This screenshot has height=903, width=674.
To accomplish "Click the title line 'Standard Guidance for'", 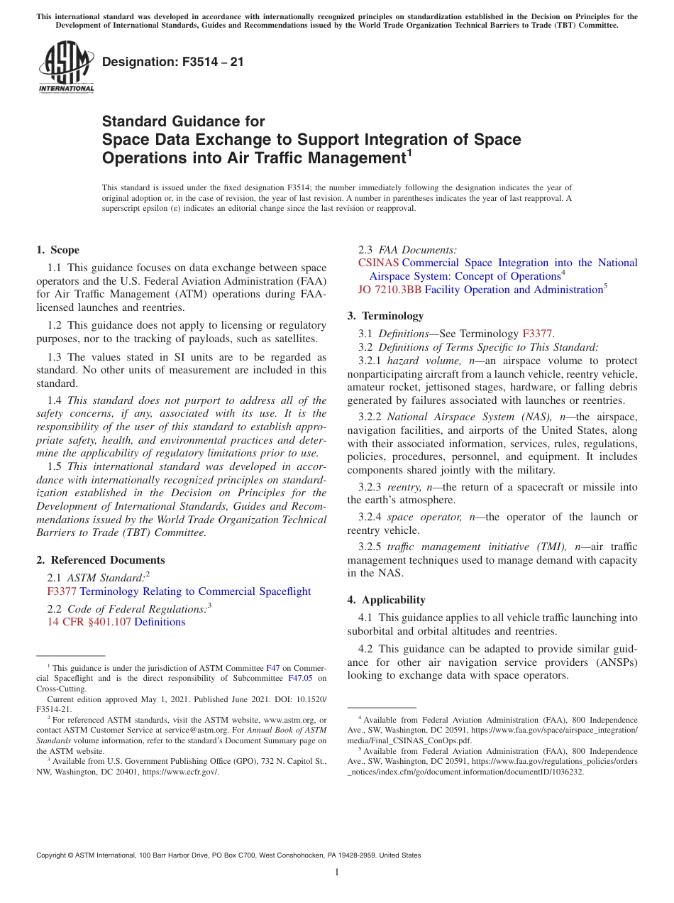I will coord(183,121).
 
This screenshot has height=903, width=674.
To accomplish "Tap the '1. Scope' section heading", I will coord(58,250).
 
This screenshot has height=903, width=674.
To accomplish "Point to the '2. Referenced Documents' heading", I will coord(101,560).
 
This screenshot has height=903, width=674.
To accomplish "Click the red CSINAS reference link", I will coord(378,263).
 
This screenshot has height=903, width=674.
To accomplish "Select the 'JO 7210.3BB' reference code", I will coord(390,290).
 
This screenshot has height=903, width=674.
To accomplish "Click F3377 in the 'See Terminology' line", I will coord(538,334).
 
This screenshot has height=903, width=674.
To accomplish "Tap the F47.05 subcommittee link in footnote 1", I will coord(299,678).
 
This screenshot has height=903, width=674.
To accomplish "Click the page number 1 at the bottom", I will coord(337,872).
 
